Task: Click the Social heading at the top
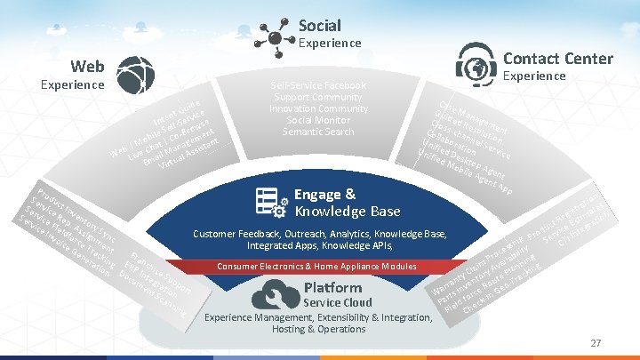(x=319, y=25)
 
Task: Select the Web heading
(x=88, y=66)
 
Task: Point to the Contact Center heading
(x=557, y=59)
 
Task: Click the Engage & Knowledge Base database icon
(x=269, y=202)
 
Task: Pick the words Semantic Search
(x=318, y=132)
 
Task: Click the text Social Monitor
(x=318, y=120)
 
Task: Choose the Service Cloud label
(x=338, y=302)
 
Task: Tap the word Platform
(x=332, y=287)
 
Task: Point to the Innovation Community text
(x=318, y=108)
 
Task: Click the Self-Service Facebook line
(x=318, y=85)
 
